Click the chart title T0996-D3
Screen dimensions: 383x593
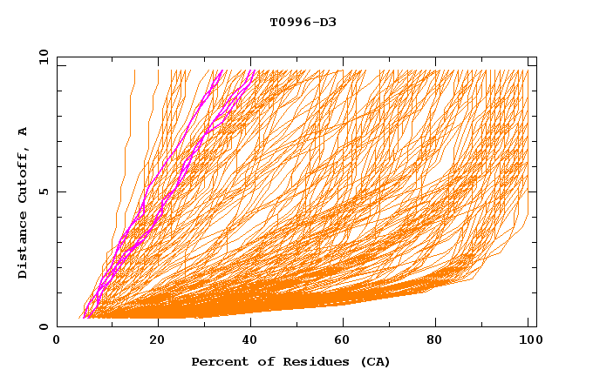point(303,22)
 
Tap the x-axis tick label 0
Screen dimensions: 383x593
point(57,340)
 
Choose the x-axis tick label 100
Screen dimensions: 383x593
point(528,340)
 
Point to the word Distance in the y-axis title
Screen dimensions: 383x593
point(24,247)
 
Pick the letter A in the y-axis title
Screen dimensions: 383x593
point(24,131)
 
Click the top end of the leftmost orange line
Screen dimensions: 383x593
point(134,71)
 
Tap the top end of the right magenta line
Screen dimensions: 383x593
point(253,71)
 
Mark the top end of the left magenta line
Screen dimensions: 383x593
point(222,71)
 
